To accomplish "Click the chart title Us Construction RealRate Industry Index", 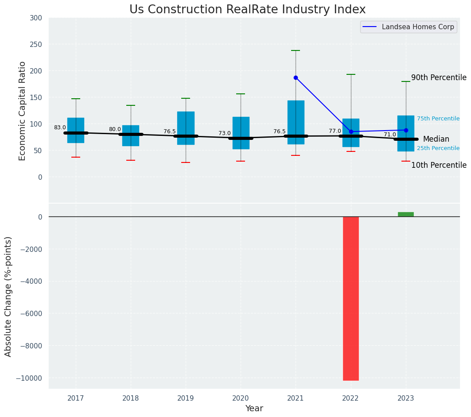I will [x=247, y=10].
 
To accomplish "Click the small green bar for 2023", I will [x=405, y=214].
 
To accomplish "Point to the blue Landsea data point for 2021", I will [x=296, y=77].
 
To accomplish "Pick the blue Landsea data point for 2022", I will [x=351, y=131].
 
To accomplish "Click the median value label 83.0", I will [x=60, y=127].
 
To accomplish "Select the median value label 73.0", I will [x=225, y=133].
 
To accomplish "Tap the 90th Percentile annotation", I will [x=439, y=77].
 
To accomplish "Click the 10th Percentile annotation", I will [x=439, y=165].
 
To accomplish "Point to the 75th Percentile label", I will [x=438, y=119].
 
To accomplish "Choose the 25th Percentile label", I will [x=438, y=148].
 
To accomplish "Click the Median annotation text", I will [x=436, y=139].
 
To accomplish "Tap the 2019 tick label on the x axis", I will [x=186, y=398].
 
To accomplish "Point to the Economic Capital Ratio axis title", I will [x=23, y=111].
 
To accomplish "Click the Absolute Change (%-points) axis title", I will [x=8, y=296].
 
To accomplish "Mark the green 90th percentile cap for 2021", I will [x=296, y=50].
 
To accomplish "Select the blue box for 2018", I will [x=131, y=135].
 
